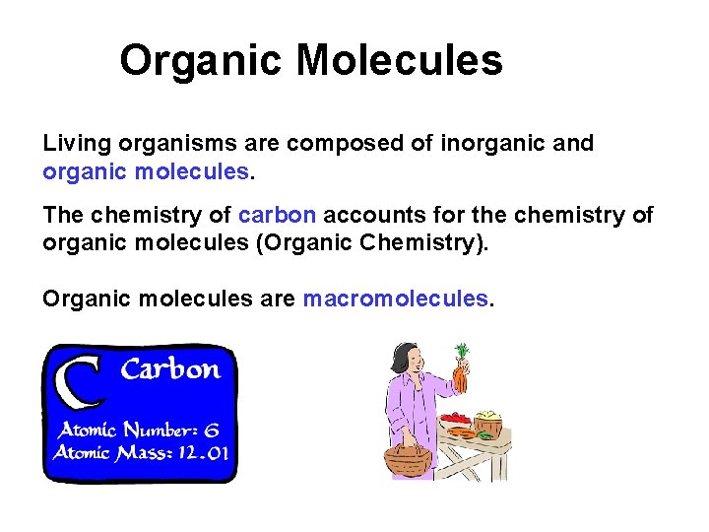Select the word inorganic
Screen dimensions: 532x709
483,143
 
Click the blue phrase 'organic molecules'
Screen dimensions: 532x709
146,171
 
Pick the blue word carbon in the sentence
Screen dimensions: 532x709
278,215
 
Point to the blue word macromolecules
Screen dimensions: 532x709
395,298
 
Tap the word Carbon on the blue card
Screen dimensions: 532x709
170,370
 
